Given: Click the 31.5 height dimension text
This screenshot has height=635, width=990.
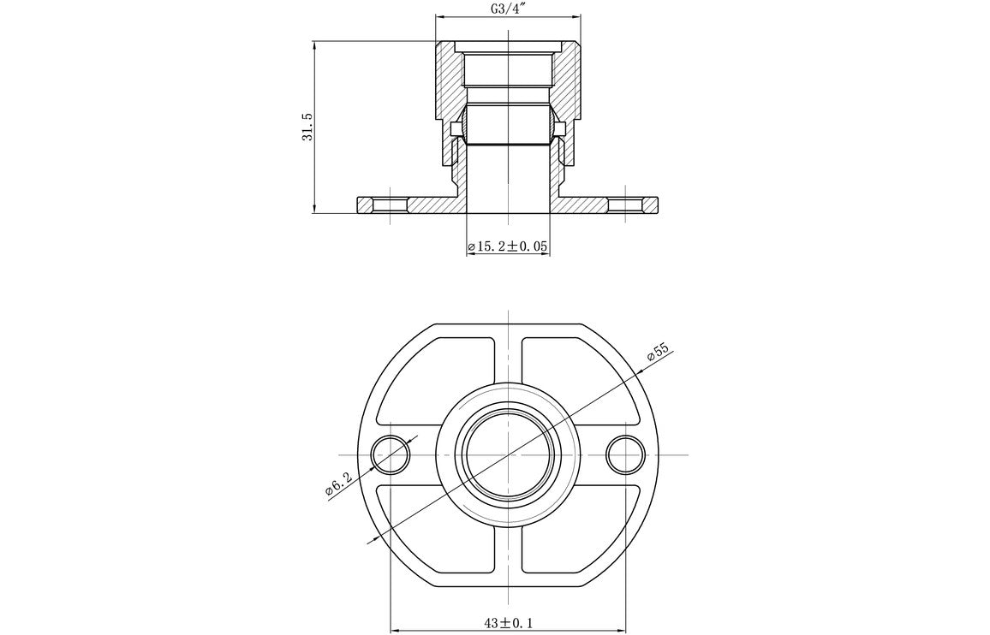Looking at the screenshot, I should pyautogui.click(x=307, y=127).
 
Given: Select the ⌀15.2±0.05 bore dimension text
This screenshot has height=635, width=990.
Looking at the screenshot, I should pyautogui.click(x=508, y=247).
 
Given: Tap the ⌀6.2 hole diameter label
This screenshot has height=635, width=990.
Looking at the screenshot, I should pyautogui.click(x=337, y=486).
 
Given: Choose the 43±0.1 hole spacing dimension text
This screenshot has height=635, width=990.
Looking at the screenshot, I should pyautogui.click(x=508, y=622).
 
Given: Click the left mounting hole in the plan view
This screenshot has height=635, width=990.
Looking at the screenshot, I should pyautogui.click(x=391, y=454).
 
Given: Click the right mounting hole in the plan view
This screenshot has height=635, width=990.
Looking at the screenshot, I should pyautogui.click(x=625, y=454).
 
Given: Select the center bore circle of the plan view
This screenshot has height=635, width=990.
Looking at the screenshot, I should pyautogui.click(x=508, y=454).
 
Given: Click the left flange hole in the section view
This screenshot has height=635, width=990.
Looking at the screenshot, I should pyautogui.click(x=391, y=205).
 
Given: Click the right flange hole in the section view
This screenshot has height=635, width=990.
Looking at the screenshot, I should pyautogui.click(x=625, y=205).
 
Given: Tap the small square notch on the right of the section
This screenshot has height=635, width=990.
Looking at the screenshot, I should pyautogui.click(x=560, y=129).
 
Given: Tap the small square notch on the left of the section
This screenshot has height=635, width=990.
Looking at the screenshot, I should pyautogui.click(x=456, y=129).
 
